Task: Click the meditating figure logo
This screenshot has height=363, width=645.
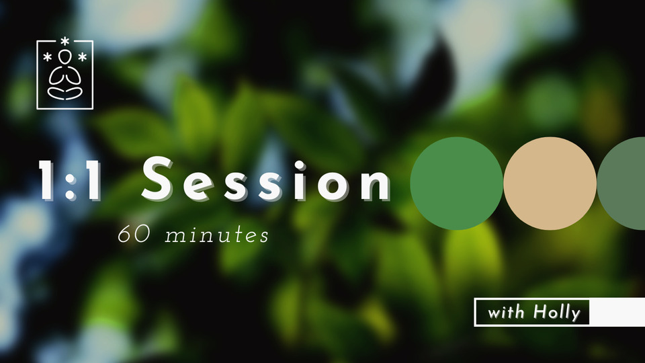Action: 64,75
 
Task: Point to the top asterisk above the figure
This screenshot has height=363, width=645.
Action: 64,42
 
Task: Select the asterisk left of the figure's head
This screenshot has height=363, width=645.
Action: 48,57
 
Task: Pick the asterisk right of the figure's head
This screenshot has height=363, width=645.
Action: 82,57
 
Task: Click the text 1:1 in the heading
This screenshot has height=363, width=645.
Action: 69,180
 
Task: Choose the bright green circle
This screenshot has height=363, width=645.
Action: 456,184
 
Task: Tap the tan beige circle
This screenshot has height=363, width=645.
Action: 550,184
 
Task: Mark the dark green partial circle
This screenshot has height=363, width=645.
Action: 623,184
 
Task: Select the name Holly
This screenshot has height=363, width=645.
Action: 556,312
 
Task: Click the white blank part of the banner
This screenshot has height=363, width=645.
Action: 617,312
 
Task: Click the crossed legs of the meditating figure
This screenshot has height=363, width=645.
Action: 64,90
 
